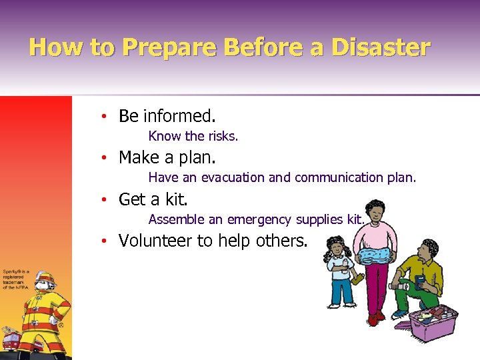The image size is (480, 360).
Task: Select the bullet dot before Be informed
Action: click(x=105, y=117)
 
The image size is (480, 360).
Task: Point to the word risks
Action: click(x=223, y=137)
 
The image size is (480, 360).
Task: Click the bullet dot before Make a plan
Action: click(x=105, y=158)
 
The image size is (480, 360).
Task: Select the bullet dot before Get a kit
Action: click(x=105, y=199)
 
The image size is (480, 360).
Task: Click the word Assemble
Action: click(x=173, y=219)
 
